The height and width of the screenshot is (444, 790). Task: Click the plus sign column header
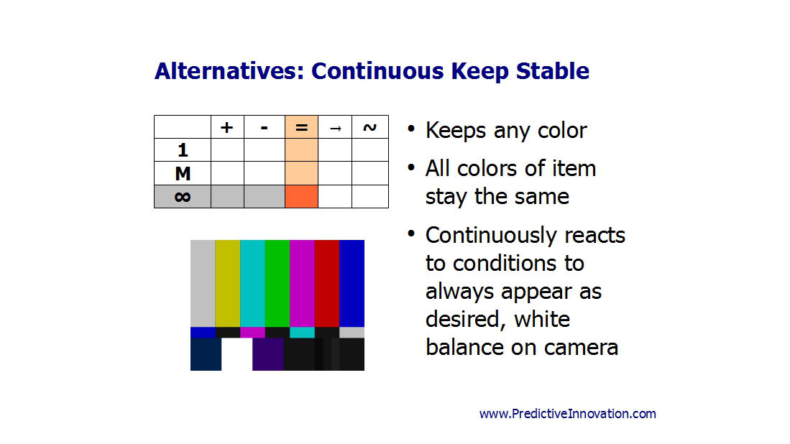click(227, 127)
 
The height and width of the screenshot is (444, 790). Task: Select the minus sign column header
click(265, 127)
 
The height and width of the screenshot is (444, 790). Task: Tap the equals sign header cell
click(301, 127)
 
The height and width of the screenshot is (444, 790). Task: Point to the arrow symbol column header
click(335, 127)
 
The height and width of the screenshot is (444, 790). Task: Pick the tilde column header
click(369, 127)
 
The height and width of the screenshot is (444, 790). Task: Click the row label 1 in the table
click(183, 150)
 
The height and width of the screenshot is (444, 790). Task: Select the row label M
click(183, 174)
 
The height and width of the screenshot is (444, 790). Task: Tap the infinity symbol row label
click(183, 197)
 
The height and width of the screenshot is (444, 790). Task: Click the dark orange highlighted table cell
click(301, 196)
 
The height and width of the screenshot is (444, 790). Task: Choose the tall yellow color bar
click(228, 283)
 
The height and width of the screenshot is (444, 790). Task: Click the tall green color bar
click(277, 283)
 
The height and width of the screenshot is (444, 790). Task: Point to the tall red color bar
click(327, 283)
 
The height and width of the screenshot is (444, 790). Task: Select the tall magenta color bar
click(303, 283)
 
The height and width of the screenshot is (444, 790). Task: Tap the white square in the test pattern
click(236, 354)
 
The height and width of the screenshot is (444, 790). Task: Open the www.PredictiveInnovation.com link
click(568, 414)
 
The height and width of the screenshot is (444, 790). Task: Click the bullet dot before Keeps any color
click(411, 129)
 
